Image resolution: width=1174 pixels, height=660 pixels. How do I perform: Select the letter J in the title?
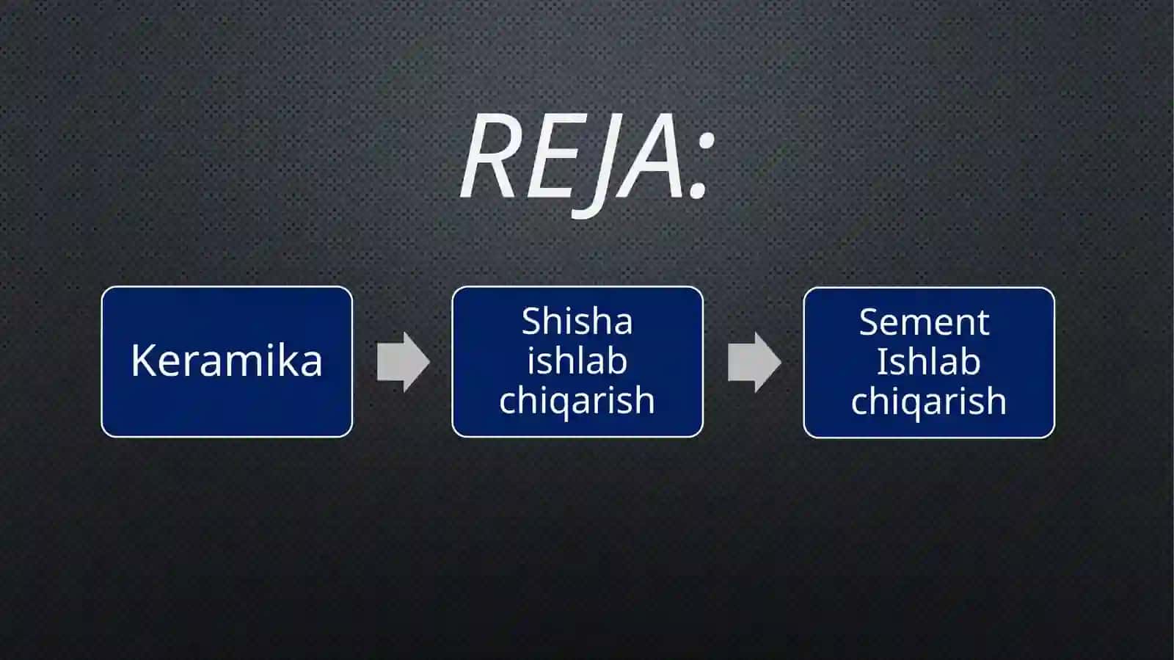point(592,167)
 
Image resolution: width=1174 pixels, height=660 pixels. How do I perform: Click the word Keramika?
point(227,360)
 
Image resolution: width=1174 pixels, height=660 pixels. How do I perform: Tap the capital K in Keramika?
point(144,360)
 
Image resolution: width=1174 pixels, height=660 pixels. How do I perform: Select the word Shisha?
point(577,321)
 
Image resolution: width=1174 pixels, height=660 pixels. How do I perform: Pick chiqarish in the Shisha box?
point(577,401)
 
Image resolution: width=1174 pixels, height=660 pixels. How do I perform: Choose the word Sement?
point(924,322)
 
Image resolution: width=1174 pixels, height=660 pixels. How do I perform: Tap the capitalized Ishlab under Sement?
point(928,361)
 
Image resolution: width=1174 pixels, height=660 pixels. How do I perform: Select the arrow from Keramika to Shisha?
point(403,362)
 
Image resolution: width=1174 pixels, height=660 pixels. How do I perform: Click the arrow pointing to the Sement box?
point(754,362)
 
